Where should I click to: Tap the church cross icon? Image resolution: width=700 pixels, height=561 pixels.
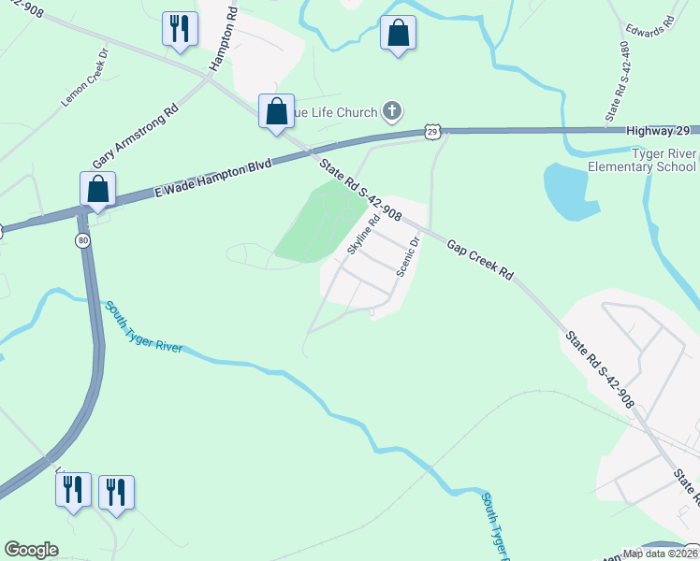(392, 113)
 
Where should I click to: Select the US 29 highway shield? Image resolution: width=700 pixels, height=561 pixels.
(431, 131)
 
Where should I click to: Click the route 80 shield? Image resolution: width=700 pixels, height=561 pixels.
(82, 240)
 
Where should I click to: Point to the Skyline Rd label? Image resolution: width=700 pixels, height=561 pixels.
(362, 235)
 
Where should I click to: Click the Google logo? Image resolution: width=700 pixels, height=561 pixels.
(31, 549)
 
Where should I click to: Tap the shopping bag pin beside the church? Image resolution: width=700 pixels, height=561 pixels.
(277, 111)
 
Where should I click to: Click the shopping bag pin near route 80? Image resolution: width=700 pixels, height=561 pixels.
(98, 189)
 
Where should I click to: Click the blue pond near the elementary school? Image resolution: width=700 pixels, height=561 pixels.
(571, 191)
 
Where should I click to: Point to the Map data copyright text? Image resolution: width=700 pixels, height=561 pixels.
(660, 553)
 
